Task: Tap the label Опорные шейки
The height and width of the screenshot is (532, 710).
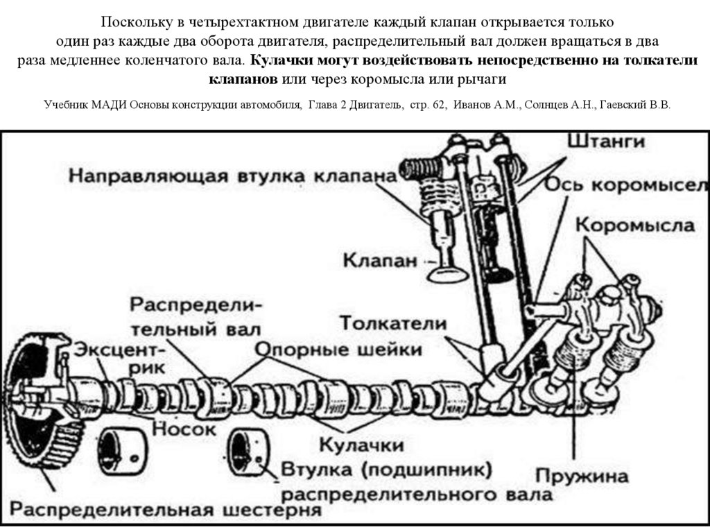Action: [x=339, y=348]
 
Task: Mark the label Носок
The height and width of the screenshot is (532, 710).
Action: [x=184, y=429]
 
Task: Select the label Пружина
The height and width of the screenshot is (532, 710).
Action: [x=582, y=477]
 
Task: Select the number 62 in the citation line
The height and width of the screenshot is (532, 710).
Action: [x=438, y=105]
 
